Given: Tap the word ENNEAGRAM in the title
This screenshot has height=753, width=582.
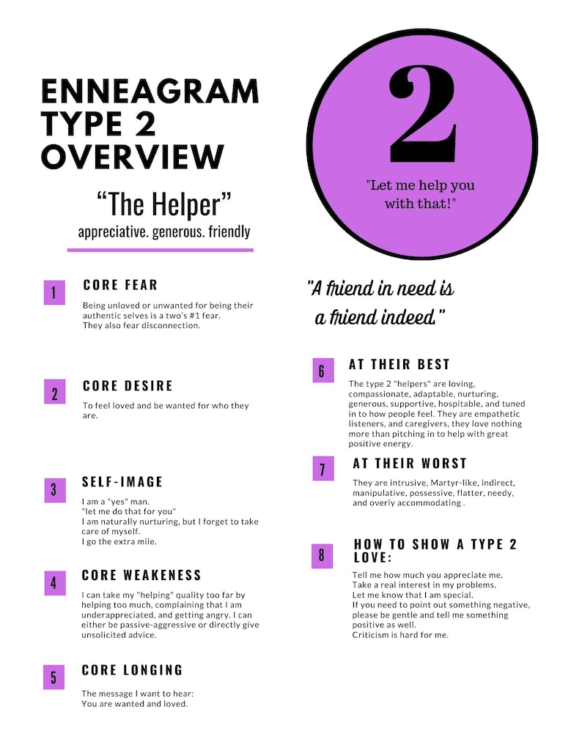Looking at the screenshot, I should (x=150, y=92).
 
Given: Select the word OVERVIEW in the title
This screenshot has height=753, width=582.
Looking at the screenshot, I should (x=132, y=157).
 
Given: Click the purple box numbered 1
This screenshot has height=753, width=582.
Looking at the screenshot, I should (x=54, y=293).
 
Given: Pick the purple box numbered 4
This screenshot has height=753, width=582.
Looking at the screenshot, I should (x=54, y=583).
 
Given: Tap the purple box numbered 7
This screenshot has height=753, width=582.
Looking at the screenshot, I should (x=322, y=470).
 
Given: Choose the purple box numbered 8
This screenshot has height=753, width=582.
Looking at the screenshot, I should (x=322, y=555).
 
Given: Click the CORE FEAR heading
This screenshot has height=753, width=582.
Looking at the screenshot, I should (x=120, y=285).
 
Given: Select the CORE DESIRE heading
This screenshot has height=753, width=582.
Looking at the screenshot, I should (x=128, y=386).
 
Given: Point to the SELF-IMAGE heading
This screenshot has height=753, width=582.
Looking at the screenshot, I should (x=122, y=482).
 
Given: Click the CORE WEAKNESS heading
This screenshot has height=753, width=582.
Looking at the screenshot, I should (x=141, y=575).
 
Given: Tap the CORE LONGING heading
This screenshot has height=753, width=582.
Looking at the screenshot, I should (x=132, y=670).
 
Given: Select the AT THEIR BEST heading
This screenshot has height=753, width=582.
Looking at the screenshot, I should (x=399, y=364).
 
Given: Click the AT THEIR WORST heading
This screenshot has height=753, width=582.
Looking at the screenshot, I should (x=409, y=464).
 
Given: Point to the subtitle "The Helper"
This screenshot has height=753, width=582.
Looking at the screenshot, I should (x=164, y=204).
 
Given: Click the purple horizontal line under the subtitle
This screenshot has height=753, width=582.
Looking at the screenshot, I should (x=160, y=250).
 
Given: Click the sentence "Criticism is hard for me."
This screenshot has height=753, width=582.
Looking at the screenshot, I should (x=400, y=635).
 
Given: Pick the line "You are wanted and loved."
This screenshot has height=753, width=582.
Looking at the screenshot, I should (x=135, y=704).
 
